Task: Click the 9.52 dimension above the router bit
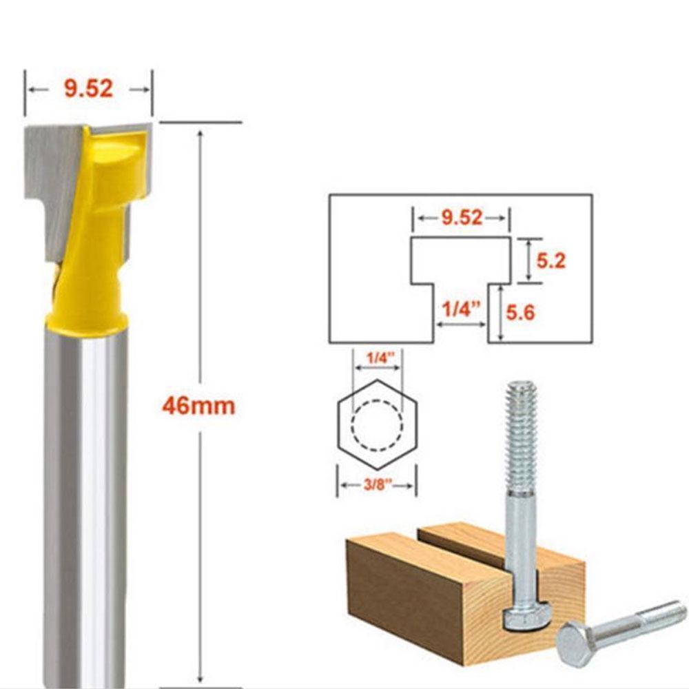(x=88, y=89)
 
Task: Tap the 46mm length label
(x=198, y=406)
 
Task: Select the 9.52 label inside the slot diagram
(x=461, y=218)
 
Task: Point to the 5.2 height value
(x=551, y=260)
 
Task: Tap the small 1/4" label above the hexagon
(x=376, y=358)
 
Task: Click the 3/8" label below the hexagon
(x=376, y=486)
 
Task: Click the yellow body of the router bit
(x=96, y=227)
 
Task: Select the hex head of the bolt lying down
(x=575, y=641)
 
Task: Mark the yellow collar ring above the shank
(x=86, y=324)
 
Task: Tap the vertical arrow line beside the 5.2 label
(x=528, y=260)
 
